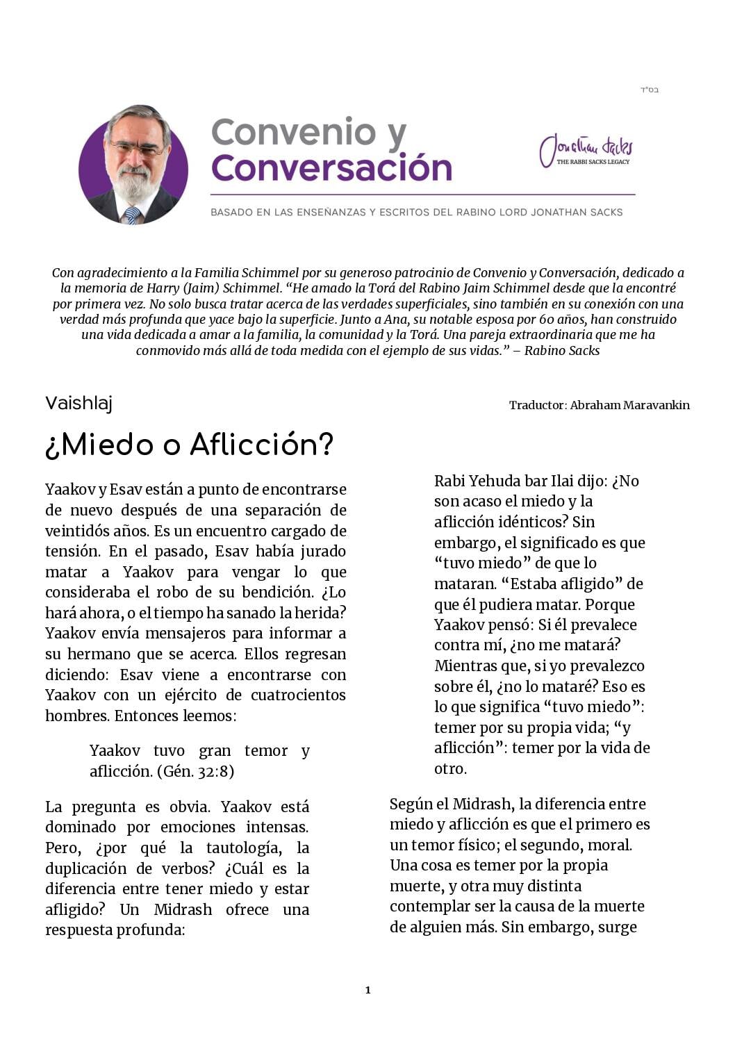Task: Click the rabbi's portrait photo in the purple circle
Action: [133, 165]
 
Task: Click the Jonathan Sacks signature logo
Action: [586, 149]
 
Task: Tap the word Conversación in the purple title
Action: [331, 168]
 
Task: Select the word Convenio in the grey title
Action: [293, 132]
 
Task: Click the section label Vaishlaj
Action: [79, 403]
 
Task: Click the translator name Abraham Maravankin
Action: [629, 405]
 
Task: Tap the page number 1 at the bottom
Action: [367, 990]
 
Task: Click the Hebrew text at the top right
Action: [649, 90]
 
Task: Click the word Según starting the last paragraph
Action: [411, 804]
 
